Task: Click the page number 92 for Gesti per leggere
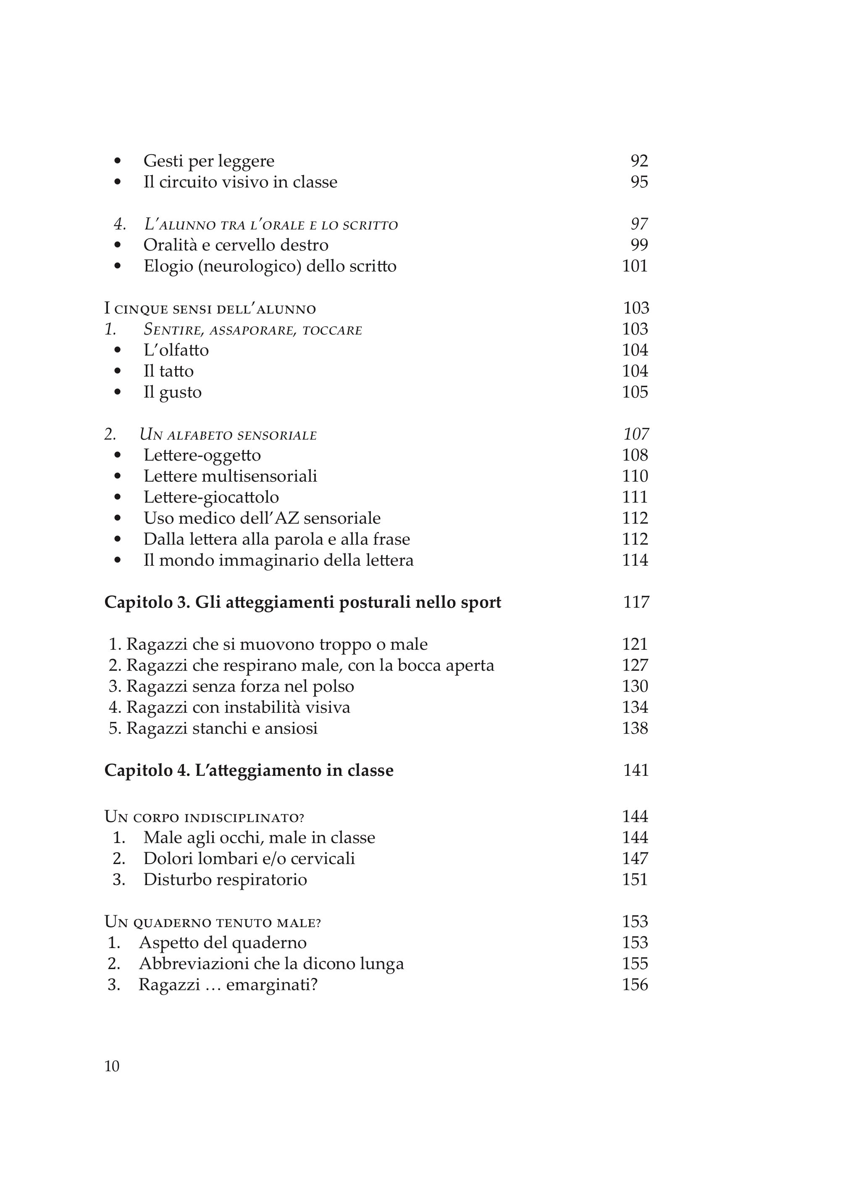[639, 161]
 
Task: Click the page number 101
[635, 266]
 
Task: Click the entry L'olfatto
[176, 350]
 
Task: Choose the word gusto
[180, 393]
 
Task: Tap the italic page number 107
[636, 434]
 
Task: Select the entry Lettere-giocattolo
[211, 498]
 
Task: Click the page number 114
[635, 561]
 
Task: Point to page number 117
[636, 603]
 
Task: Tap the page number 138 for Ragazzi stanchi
[635, 729]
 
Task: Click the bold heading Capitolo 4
[249, 770]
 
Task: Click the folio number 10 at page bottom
[112, 1066]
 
